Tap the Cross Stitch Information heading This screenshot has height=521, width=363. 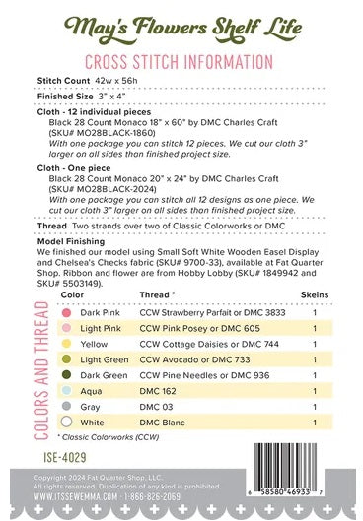181,62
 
